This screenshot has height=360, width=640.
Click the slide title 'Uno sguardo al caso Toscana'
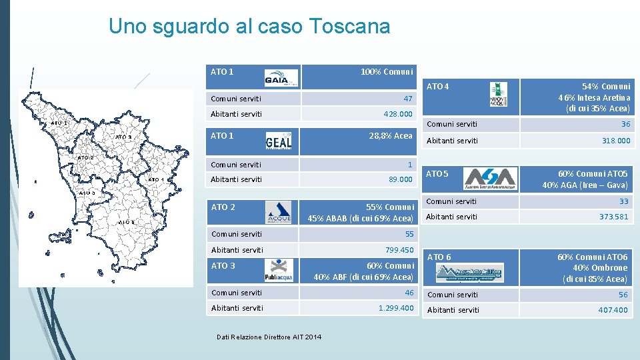tap(249, 27)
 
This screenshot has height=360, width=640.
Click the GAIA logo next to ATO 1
tap(281, 78)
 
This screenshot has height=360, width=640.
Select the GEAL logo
tap(279, 141)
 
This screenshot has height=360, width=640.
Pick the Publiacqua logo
tap(279, 271)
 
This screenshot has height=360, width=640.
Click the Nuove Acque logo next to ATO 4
tap(498, 93)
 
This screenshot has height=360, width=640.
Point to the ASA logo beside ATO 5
tap(491, 179)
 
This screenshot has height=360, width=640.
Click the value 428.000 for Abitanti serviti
tap(398, 114)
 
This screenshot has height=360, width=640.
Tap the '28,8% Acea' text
tap(391, 135)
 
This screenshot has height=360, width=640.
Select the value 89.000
tap(401, 179)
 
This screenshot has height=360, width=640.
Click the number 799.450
tap(399, 250)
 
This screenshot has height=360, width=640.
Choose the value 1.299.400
tap(396, 308)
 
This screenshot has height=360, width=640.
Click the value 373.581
tap(614, 217)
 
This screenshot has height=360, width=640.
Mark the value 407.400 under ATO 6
tap(613, 310)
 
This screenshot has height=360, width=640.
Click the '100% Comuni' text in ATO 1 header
tap(387, 71)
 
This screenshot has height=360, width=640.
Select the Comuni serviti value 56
tap(623, 295)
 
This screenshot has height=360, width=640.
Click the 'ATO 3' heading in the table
tap(223, 266)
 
